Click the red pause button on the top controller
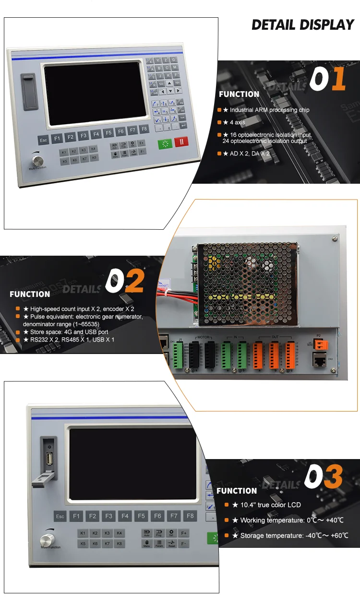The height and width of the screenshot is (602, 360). pyautogui.click(x=181, y=142)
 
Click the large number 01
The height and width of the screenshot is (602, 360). pyautogui.click(x=327, y=80)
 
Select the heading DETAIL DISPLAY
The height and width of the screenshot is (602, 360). pyautogui.click(x=302, y=25)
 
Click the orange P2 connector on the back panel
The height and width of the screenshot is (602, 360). pyautogui.click(x=319, y=343)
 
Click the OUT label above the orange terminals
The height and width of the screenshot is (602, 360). pyautogui.click(x=275, y=337)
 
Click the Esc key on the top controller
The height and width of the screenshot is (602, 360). pyautogui.click(x=44, y=140)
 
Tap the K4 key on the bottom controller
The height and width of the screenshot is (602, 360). pyautogui.click(x=119, y=533)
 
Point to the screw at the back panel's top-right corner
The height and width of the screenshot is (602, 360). pyautogui.click(x=335, y=237)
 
